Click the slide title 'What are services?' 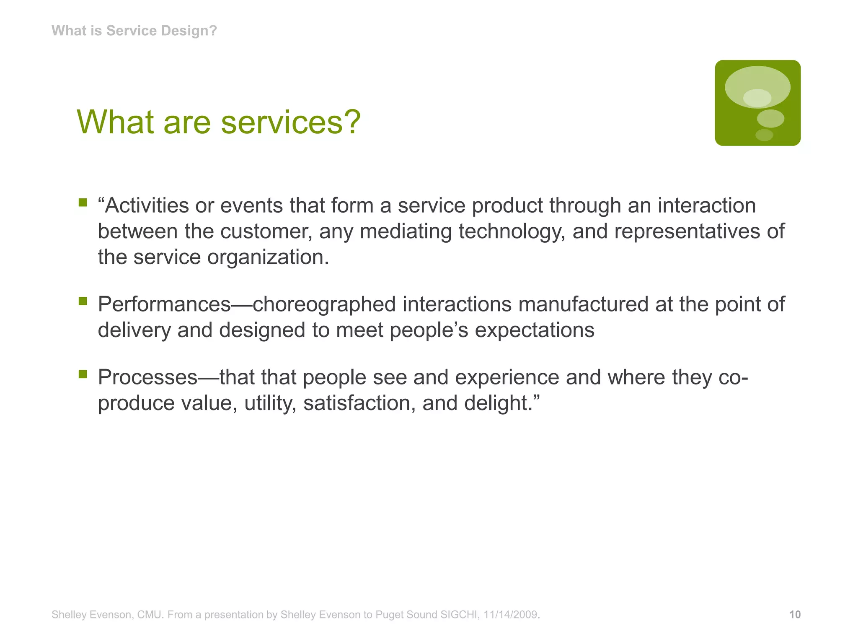pos(218,122)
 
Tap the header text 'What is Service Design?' pos(134,31)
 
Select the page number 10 pos(795,615)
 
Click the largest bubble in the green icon pos(757,86)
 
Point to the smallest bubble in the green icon pos(764,135)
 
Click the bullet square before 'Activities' pos(83,203)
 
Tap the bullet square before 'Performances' pos(83,301)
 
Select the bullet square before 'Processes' pos(83,374)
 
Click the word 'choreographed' pos(324,304)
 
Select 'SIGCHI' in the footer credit pos(459,615)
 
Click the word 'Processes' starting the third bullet pos(147,377)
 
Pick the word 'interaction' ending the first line pos(706,205)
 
